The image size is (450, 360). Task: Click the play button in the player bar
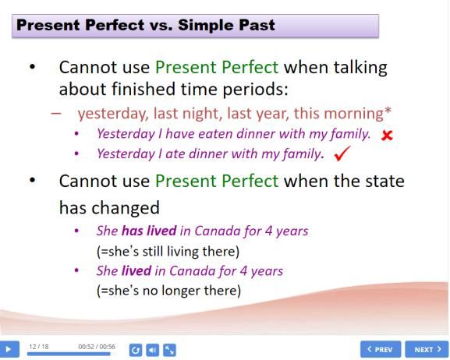pyautogui.click(x=9, y=349)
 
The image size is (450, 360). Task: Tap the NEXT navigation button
pyautogui.click(x=427, y=349)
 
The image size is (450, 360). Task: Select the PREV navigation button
pyautogui.click(x=381, y=349)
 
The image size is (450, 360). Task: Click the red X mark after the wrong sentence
pyautogui.click(x=387, y=135)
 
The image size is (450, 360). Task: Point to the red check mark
pyautogui.click(x=342, y=154)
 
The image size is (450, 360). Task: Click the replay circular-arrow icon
pyautogui.click(x=136, y=350)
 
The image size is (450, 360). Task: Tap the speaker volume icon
pyautogui.click(x=152, y=350)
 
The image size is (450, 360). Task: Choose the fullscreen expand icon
pyautogui.click(x=169, y=350)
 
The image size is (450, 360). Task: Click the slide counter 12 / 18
pyautogui.click(x=39, y=347)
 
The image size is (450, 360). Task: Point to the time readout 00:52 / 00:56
pyautogui.click(x=97, y=347)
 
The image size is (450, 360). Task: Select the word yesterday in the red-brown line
pyautogui.click(x=113, y=114)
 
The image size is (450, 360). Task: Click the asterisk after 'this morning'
pyautogui.click(x=388, y=110)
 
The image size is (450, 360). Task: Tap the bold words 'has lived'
pyautogui.click(x=149, y=231)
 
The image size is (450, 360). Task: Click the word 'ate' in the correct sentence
pyautogui.click(x=175, y=154)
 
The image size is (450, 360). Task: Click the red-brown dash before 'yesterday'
pyautogui.click(x=56, y=113)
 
